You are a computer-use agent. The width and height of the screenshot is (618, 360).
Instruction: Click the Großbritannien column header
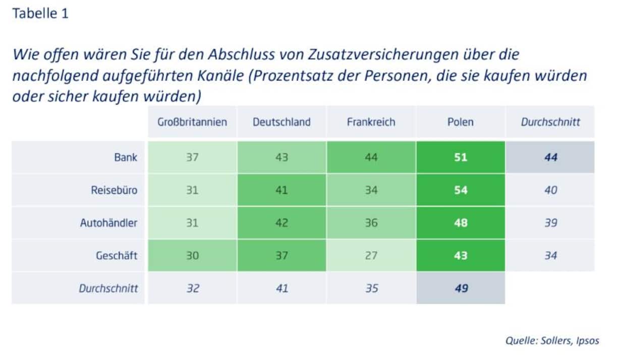coord(192,122)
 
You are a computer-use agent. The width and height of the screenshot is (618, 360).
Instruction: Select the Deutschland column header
coord(282,122)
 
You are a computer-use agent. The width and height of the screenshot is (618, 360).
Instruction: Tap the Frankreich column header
coord(371,122)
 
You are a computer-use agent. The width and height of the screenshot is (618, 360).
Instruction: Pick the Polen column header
coord(460,122)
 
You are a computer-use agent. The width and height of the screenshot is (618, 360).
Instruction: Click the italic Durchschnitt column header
coord(550,122)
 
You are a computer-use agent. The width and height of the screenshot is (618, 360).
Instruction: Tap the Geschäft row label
coord(116,256)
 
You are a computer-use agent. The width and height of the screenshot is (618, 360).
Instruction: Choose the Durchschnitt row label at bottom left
coord(108,288)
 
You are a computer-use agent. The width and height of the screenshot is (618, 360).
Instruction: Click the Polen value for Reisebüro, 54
coord(461,190)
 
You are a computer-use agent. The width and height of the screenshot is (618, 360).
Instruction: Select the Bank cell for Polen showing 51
coord(461,157)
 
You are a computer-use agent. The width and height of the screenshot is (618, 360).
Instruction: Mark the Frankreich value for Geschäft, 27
coord(371,256)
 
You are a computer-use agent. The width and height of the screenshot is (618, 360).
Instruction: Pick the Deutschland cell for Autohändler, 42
coord(282,223)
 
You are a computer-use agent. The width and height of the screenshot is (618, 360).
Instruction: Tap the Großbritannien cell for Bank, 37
coord(192,157)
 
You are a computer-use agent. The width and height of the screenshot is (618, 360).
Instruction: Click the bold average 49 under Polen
coord(461,288)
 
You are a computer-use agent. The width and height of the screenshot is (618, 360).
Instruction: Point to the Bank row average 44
coord(550,157)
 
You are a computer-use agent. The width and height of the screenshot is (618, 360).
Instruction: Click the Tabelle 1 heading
coord(40,14)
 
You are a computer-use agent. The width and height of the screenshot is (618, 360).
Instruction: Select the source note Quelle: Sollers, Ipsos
coord(552,340)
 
